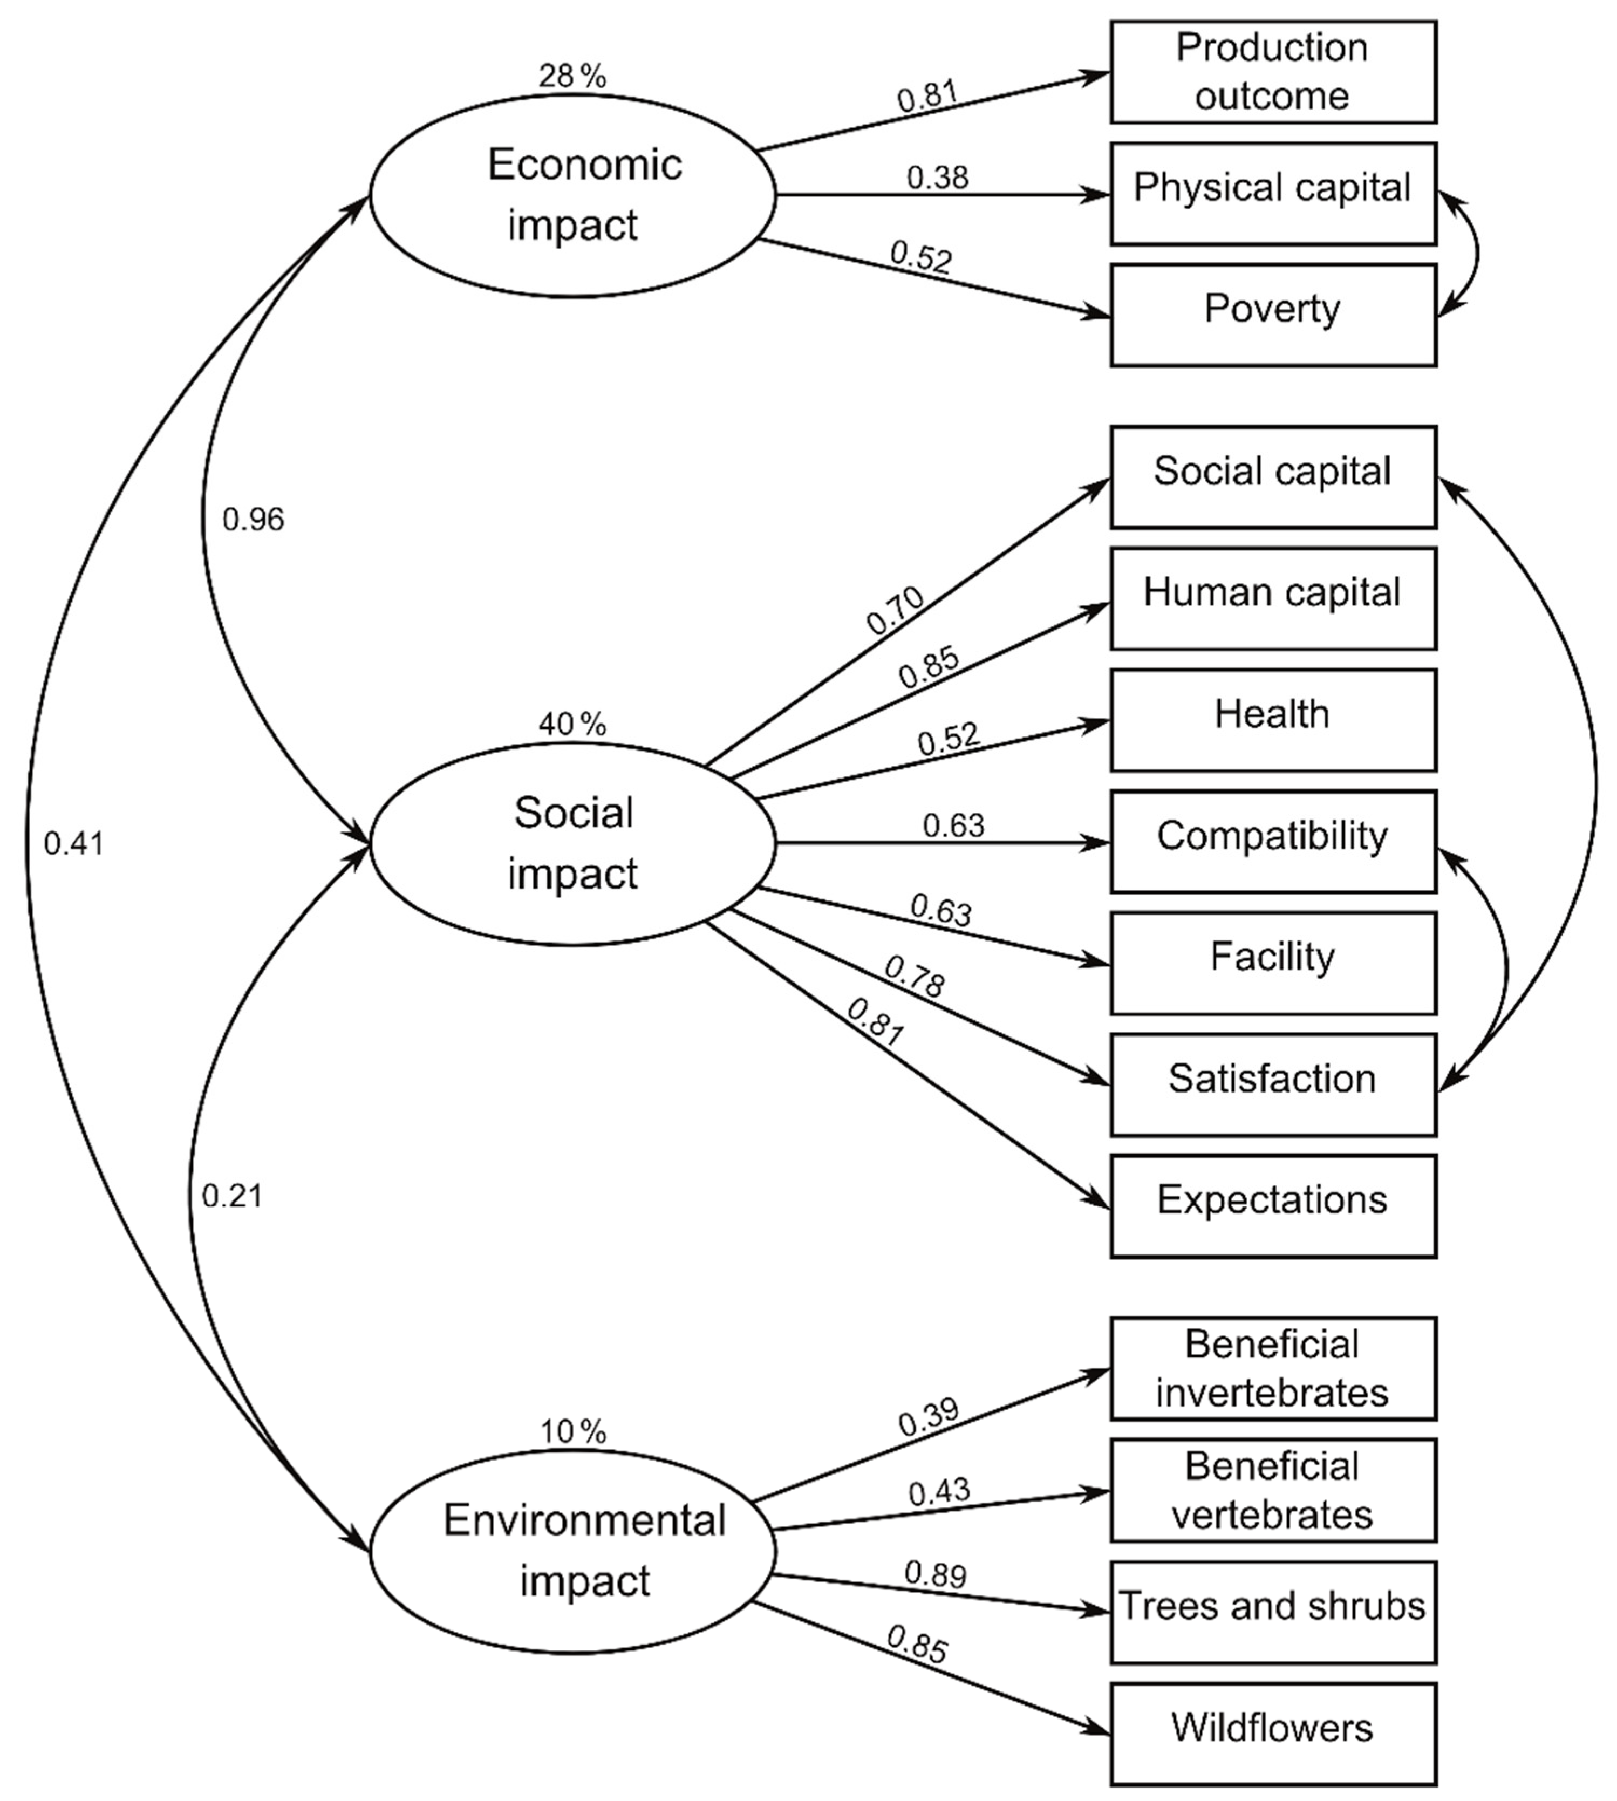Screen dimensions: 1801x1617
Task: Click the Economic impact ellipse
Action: pos(573,195)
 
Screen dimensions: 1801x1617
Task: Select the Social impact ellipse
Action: pos(573,843)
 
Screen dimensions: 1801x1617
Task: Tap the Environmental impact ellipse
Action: pos(573,1551)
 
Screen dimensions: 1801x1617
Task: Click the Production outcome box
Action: pos(1272,72)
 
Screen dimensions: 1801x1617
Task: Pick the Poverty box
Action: pos(1272,315)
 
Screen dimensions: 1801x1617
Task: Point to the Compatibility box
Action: pos(1272,841)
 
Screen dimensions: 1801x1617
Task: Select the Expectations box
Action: pos(1272,1206)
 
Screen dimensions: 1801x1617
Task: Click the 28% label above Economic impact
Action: pos(572,77)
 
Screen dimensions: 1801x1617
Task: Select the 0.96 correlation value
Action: pos(253,520)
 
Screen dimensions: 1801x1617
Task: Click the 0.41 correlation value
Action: pos(74,844)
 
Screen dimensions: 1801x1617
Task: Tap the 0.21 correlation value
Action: pos(232,1197)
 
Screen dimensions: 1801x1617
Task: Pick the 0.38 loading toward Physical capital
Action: pos(937,178)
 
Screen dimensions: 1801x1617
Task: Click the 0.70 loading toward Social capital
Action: pos(896,611)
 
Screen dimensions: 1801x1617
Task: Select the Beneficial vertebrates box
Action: pos(1272,1490)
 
